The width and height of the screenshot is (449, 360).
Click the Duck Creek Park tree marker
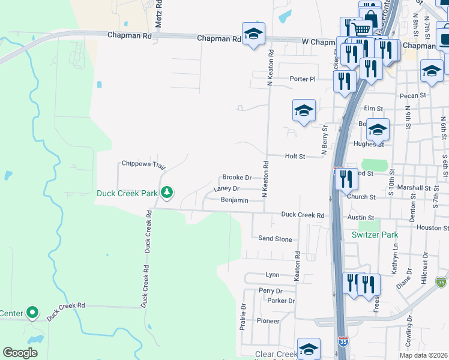tap(169, 193)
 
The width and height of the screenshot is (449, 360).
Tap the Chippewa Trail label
tap(143, 163)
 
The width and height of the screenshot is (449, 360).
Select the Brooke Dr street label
tap(237, 178)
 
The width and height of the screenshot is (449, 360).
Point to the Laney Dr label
tap(226, 189)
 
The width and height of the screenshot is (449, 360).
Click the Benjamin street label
tap(234, 200)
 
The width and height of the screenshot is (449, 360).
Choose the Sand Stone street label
tap(275, 239)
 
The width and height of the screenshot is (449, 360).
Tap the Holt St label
tap(295, 156)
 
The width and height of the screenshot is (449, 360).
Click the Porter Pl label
tap(302, 79)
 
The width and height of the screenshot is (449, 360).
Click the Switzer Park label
tap(375, 235)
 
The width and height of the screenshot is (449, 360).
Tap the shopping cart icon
tap(360, 29)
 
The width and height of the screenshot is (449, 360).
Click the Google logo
tap(20, 353)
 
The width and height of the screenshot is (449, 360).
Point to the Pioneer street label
tap(268, 321)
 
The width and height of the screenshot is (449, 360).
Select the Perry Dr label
tap(267, 290)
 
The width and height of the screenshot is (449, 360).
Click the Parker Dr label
tap(281, 301)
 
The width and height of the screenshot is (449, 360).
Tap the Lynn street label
tap(273, 275)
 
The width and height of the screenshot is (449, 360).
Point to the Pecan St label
tap(415, 95)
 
